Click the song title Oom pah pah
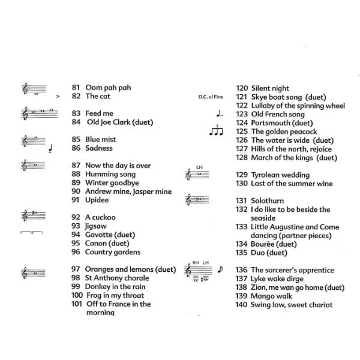(108, 88)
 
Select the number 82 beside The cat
(76, 96)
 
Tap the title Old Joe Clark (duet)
(120, 122)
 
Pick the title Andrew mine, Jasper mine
(128, 191)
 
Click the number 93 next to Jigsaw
(76, 226)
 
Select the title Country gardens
(113, 252)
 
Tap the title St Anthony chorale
(118, 278)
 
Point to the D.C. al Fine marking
(210, 97)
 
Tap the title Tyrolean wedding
(280, 175)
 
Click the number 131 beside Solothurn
(242, 201)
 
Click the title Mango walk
(272, 296)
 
